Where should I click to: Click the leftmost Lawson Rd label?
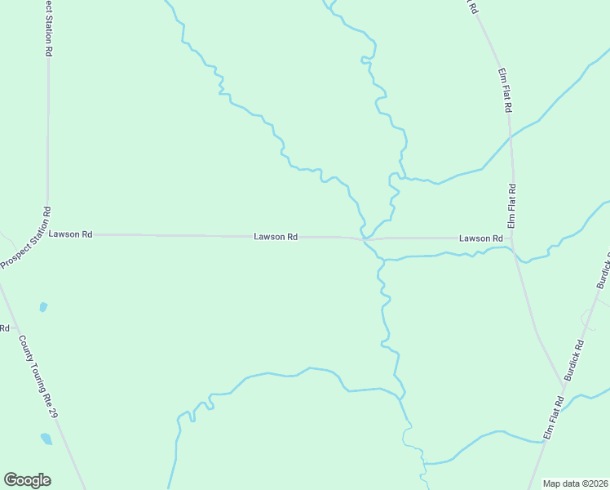(x=71, y=234)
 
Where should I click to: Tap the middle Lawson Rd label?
(x=276, y=237)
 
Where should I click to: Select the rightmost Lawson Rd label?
(x=480, y=238)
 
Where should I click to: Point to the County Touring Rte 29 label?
(x=39, y=378)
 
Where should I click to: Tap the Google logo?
(x=27, y=480)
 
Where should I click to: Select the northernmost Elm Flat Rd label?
(x=505, y=90)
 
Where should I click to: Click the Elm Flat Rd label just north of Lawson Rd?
(x=513, y=206)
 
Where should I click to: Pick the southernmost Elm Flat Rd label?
(x=555, y=419)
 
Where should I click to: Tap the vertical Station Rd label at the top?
(x=48, y=29)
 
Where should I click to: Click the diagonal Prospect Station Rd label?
(x=27, y=238)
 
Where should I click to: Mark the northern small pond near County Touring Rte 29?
(x=43, y=307)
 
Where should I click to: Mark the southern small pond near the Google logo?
(x=46, y=439)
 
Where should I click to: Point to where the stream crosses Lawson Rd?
(x=365, y=238)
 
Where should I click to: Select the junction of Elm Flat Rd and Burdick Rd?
(x=563, y=382)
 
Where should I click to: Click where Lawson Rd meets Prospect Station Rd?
(x=47, y=234)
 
